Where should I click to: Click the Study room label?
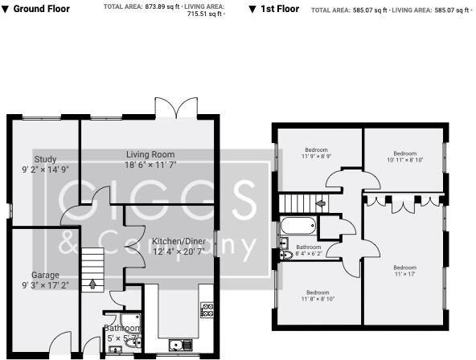coord(45,158)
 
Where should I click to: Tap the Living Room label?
coord(150,153)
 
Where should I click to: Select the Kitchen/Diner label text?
coord(178,242)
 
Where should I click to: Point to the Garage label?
coord(45,274)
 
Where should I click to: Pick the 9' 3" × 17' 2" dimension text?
coord(45,284)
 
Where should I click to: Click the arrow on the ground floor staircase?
coord(92,283)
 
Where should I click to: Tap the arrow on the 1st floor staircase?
coord(321,203)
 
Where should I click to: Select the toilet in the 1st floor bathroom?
coord(287,256)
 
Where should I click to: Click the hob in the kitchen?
coord(207,308)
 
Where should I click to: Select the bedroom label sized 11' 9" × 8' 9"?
coord(318,149)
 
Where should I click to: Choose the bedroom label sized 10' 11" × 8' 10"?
coord(404,153)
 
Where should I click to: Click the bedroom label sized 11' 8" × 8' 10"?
coord(318,292)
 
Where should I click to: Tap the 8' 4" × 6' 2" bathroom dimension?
coord(309,254)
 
